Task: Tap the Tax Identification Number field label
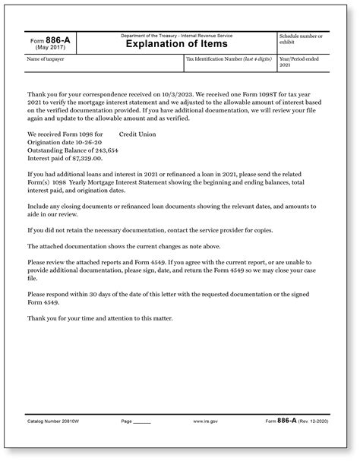click(230, 58)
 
